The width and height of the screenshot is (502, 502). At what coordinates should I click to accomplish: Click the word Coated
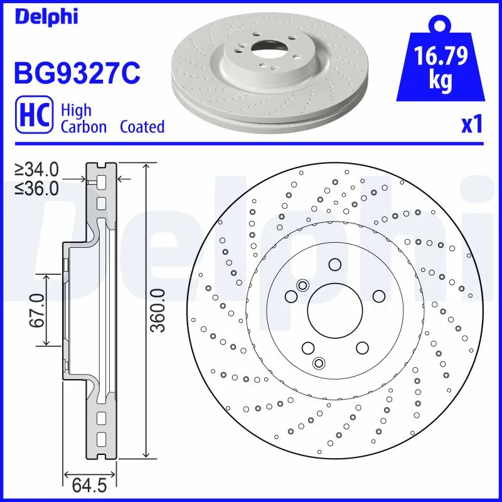tap(142, 127)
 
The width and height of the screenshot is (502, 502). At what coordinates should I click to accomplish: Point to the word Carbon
tap(83, 127)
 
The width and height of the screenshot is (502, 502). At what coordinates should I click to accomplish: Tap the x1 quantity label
tap(472, 125)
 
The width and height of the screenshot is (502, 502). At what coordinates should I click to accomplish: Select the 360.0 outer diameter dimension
tap(159, 310)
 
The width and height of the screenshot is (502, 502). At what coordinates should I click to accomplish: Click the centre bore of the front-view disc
tap(334, 311)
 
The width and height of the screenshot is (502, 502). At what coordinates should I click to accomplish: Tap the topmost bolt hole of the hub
tap(334, 265)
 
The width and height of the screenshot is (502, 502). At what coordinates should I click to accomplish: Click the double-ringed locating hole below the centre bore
tap(319, 363)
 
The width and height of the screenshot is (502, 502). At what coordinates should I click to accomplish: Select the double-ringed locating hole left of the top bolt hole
tap(302, 286)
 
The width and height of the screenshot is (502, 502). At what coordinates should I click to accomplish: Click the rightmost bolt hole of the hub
tap(378, 296)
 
